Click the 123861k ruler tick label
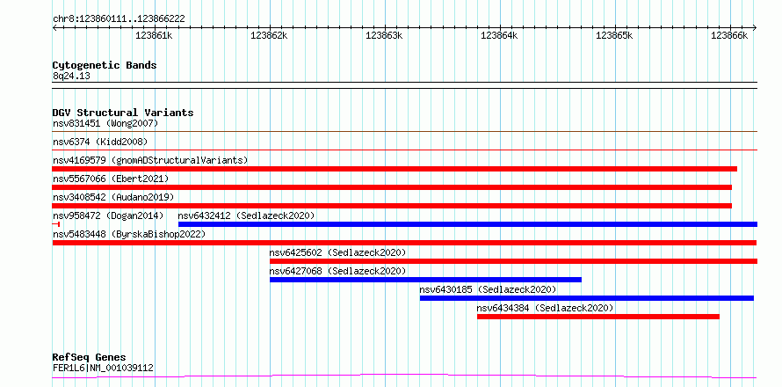coord(154,35)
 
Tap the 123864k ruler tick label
coord(499,35)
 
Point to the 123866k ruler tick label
coord(729,35)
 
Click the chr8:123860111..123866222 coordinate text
coord(119,19)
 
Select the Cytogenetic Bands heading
coord(105,65)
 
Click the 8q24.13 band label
coord(71,76)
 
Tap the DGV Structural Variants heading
coord(123,113)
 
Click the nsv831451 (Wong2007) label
coord(105,123)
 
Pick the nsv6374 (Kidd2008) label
coord(100,142)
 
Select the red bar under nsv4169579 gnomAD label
coord(395,169)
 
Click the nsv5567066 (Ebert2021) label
coord(111,179)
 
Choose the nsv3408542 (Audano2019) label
coord(113,197)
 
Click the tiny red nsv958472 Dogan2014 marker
coord(56,224)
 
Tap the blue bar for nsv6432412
coord(467,224)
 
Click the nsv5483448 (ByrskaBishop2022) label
coord(129,234)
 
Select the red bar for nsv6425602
coord(514,261)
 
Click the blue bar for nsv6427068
coord(425,280)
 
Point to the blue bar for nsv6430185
coord(587,298)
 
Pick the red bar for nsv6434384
coord(598,317)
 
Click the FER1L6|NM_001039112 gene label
coord(103,369)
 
